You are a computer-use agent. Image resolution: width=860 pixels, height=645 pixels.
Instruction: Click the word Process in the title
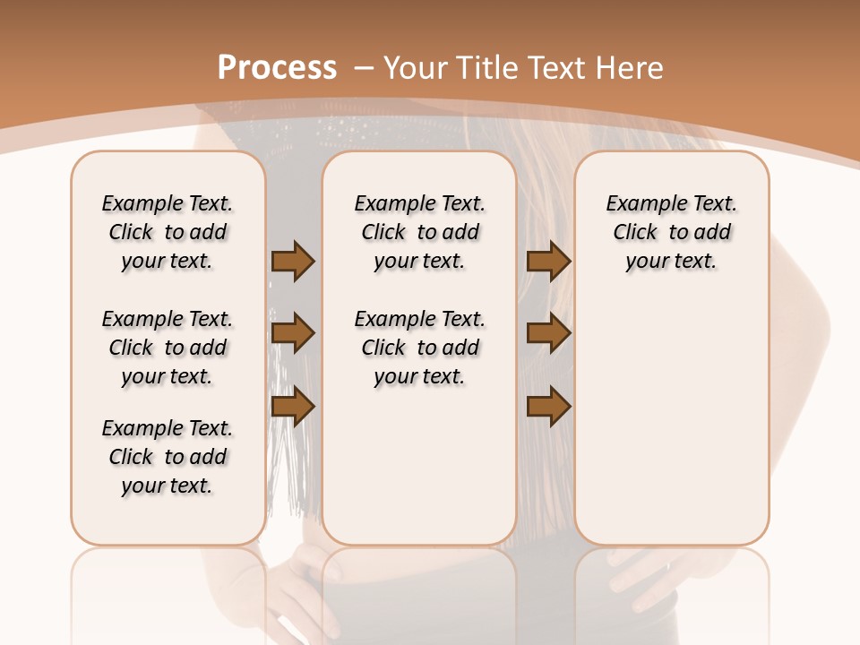(277, 67)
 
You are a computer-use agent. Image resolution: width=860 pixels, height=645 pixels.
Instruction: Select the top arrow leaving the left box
(293, 262)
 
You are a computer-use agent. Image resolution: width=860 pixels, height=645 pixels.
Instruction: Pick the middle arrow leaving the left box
(293, 334)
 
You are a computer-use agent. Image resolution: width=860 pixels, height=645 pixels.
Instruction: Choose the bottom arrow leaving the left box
(293, 407)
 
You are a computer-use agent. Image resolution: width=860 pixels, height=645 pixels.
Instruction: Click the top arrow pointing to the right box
(548, 262)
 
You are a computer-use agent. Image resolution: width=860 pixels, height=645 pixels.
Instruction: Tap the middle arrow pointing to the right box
(548, 334)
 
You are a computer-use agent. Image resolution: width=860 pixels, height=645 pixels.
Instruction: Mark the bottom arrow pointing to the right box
(548, 407)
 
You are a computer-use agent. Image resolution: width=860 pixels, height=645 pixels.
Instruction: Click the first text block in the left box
(168, 232)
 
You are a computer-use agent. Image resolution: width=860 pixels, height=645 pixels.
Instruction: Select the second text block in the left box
(168, 348)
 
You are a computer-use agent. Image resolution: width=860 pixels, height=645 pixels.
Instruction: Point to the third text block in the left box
(168, 457)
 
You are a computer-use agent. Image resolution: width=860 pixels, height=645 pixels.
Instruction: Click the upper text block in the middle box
(419, 232)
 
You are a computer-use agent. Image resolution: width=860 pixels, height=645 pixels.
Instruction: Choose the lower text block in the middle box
(419, 348)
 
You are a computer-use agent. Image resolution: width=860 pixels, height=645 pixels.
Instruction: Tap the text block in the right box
(671, 232)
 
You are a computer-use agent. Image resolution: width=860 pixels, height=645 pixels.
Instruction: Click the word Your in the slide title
(417, 67)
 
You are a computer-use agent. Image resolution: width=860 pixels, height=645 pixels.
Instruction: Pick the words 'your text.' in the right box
(671, 262)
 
